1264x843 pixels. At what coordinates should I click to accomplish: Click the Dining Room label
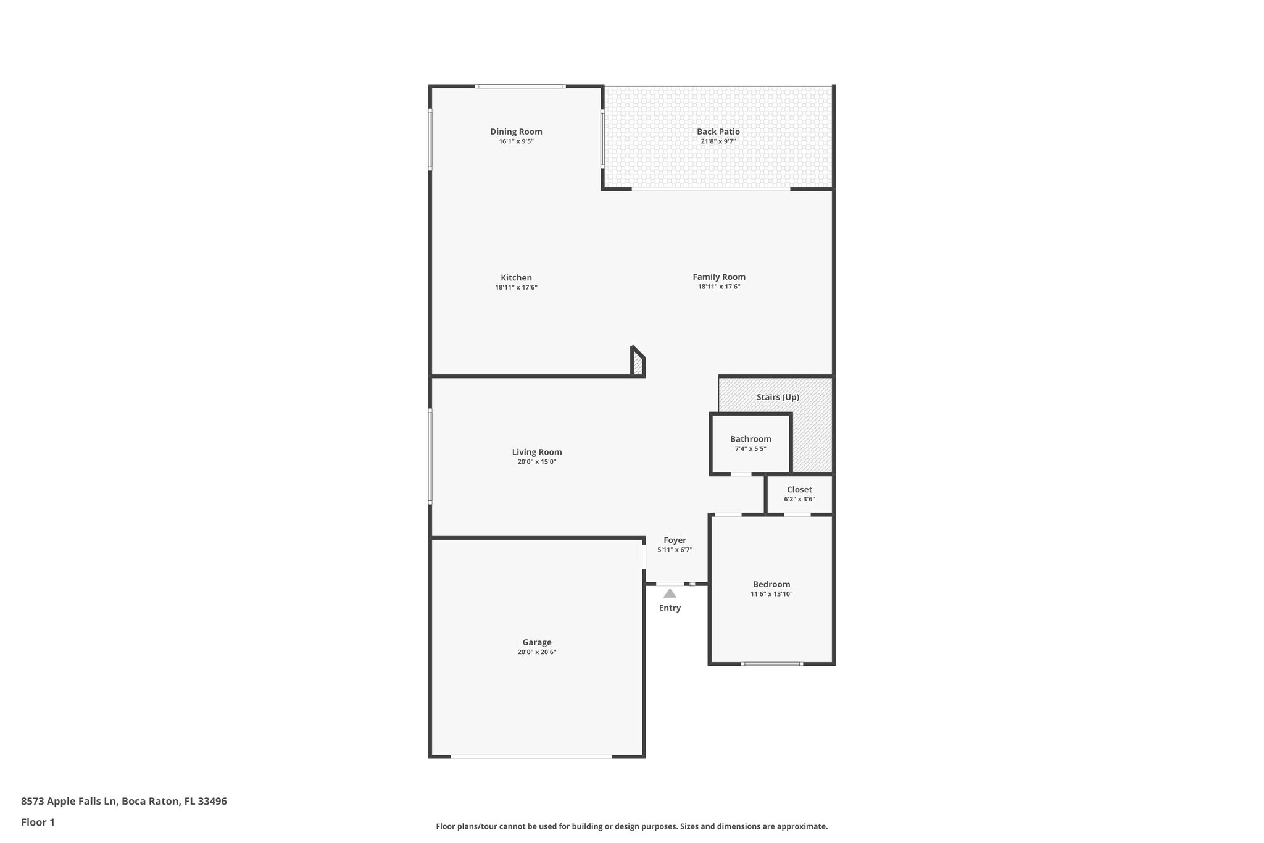pyautogui.click(x=516, y=132)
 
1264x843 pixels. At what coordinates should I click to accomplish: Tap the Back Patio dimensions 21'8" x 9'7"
pyautogui.click(x=718, y=141)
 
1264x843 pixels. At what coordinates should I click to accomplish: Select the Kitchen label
pyautogui.click(x=516, y=278)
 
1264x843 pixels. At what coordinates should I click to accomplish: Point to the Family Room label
pyautogui.click(x=718, y=277)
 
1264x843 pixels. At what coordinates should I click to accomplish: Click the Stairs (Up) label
pyautogui.click(x=778, y=397)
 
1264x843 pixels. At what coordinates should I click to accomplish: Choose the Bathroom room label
pyautogui.click(x=750, y=439)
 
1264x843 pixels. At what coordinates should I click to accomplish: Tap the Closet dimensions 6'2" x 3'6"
pyautogui.click(x=799, y=499)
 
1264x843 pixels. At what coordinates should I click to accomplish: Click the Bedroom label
pyautogui.click(x=771, y=584)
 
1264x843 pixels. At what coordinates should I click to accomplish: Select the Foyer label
pyautogui.click(x=675, y=540)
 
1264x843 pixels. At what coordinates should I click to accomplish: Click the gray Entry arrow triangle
pyautogui.click(x=670, y=594)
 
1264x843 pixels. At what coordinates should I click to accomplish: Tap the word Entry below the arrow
pyautogui.click(x=670, y=608)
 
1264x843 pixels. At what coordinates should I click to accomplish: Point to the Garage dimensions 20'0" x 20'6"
pyautogui.click(x=537, y=652)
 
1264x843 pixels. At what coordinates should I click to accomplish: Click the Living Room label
pyautogui.click(x=537, y=452)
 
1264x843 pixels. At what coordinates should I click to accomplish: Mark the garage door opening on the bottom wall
pyautogui.click(x=531, y=757)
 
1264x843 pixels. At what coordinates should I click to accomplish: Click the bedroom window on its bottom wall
pyautogui.click(x=771, y=664)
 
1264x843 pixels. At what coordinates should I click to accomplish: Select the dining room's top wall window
pyautogui.click(x=520, y=86)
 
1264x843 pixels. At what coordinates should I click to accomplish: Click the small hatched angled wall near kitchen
pyautogui.click(x=638, y=364)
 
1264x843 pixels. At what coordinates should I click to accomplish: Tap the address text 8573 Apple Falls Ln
pyautogui.click(x=69, y=802)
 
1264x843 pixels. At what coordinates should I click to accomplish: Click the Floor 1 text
pyautogui.click(x=38, y=823)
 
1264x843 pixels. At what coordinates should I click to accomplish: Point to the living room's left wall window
pyautogui.click(x=430, y=456)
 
